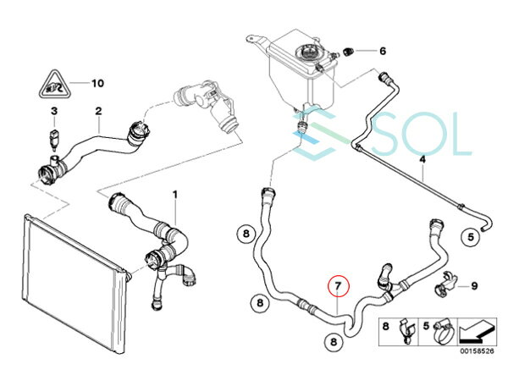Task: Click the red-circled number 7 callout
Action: tap(338, 286)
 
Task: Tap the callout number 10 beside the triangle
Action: tap(97, 83)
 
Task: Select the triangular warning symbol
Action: tap(54, 84)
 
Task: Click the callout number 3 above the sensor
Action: tap(54, 111)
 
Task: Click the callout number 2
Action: tap(98, 111)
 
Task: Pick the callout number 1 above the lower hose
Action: tap(175, 195)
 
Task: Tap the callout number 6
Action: tap(383, 51)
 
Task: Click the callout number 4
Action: tap(422, 159)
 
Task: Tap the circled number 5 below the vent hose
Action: tap(471, 237)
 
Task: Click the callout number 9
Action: tap(474, 286)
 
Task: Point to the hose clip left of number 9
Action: tap(445, 283)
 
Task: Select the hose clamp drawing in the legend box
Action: tap(444, 330)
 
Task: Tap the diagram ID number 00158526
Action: tap(477, 351)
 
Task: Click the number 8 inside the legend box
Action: tap(385, 326)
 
